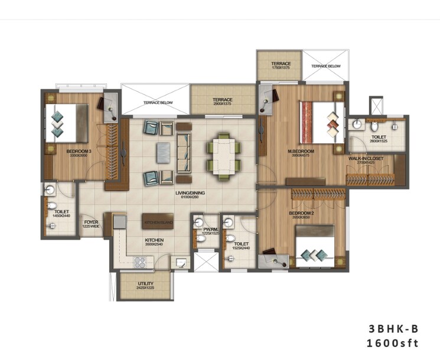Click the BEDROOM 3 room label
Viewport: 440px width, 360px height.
77,152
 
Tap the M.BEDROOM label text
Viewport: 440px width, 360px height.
301,152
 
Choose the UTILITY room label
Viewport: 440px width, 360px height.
145,284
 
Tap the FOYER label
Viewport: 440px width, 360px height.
90,222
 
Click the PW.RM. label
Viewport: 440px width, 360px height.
211,230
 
